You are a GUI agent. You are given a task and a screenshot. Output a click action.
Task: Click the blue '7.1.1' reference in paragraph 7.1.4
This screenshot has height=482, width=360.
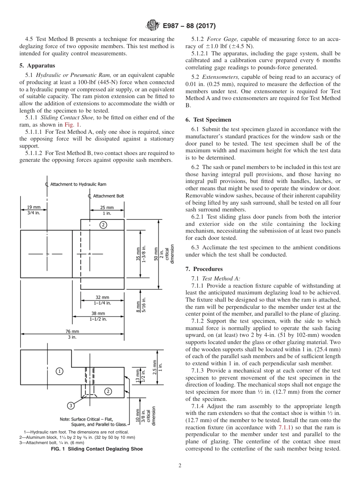coord(284,427)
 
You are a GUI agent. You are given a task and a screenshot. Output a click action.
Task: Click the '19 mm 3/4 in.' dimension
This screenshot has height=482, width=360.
coord(34,210)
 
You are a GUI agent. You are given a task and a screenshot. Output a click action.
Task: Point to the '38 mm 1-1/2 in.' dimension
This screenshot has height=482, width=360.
coord(98,316)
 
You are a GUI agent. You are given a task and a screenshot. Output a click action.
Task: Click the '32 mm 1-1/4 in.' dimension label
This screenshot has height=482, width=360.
coord(102,300)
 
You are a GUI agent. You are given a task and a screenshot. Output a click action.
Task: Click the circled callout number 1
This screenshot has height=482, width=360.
coord(60,371)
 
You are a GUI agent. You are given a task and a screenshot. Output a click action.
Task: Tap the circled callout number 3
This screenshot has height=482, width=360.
coord(71,406)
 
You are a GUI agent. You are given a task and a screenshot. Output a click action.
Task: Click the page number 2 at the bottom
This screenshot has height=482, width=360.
coord(180,466)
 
